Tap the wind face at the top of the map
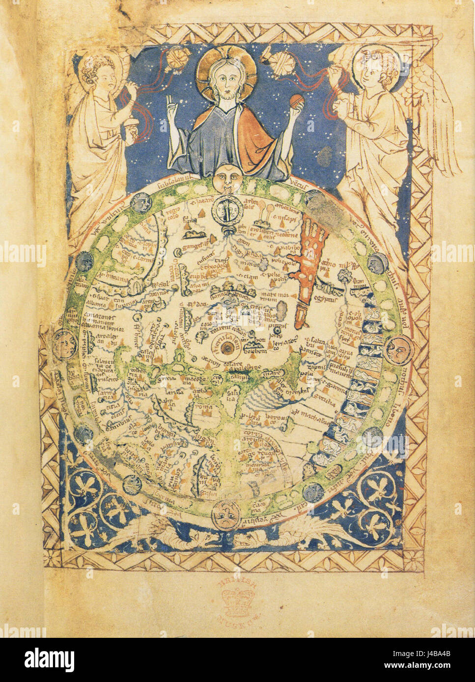click(x=224, y=176)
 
